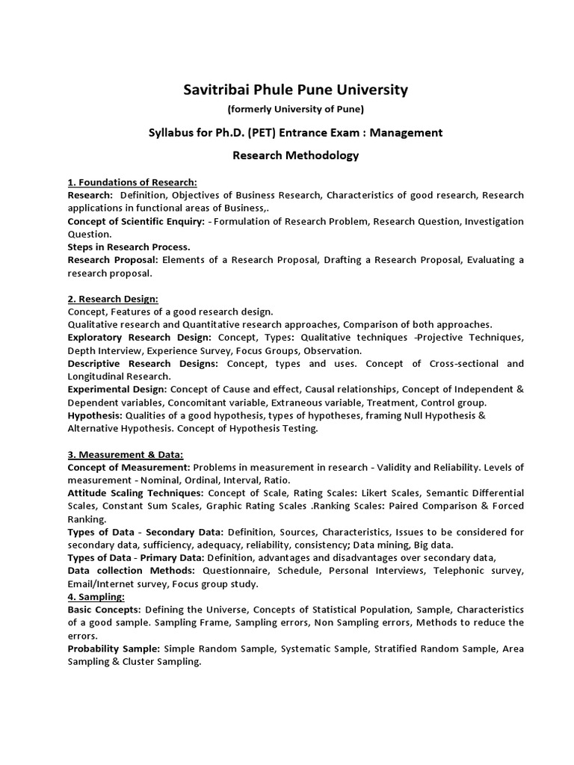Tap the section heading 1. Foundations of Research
click(132, 182)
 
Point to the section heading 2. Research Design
click(113, 299)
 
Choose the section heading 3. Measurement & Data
click(126, 454)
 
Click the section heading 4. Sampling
click(96, 597)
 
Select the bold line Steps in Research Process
click(129, 247)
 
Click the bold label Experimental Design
click(117, 389)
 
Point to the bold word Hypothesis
click(95, 415)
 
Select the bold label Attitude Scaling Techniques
click(135, 493)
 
